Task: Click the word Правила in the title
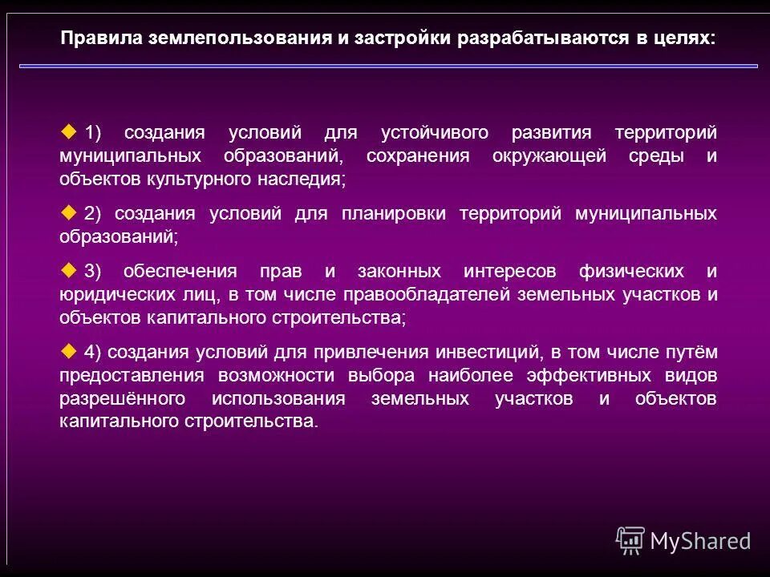coord(100,38)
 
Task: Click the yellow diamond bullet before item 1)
coord(68,131)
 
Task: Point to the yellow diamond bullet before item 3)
coord(68,269)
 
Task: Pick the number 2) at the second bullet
coord(93,214)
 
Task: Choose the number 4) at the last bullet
coord(93,352)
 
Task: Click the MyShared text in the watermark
coord(700,541)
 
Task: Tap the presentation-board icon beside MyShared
coord(630,540)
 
